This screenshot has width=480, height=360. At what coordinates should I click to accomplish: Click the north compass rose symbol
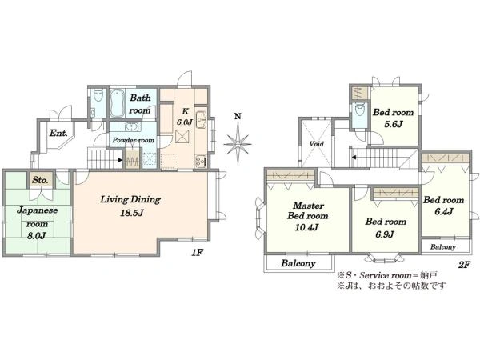click(x=238, y=143)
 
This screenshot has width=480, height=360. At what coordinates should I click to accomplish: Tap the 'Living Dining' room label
click(x=130, y=200)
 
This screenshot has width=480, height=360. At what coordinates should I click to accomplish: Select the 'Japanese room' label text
click(x=37, y=217)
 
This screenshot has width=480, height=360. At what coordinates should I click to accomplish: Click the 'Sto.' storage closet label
click(x=40, y=180)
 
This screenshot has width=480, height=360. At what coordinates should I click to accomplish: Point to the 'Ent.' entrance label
click(x=58, y=133)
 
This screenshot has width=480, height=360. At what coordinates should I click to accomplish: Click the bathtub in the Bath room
click(x=116, y=103)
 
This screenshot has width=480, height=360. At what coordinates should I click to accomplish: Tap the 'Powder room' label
click(x=133, y=140)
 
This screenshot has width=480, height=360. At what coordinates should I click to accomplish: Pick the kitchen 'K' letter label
click(x=186, y=111)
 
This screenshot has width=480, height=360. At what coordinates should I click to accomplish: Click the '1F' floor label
click(x=198, y=253)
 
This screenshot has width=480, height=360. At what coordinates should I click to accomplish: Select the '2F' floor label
click(x=464, y=265)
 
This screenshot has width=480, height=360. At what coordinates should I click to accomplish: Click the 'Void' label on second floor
click(x=316, y=143)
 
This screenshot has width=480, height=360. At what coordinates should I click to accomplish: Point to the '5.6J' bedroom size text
click(x=394, y=124)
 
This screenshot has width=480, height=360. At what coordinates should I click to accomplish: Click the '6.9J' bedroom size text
click(x=385, y=234)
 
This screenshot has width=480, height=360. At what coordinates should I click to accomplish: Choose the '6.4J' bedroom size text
click(x=444, y=211)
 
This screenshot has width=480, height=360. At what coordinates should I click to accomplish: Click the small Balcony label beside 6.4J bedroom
click(x=443, y=246)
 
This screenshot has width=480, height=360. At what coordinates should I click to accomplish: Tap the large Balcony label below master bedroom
click(x=298, y=263)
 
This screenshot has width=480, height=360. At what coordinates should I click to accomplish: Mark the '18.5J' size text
click(x=131, y=213)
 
